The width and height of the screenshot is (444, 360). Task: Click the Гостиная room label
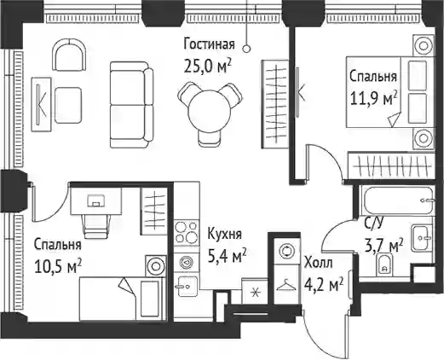(210, 45)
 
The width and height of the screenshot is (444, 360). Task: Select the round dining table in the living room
(209, 112)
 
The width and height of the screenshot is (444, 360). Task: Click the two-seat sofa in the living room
(131, 105)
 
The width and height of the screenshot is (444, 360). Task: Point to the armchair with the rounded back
(69, 55)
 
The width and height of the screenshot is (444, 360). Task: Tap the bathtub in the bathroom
(396, 200)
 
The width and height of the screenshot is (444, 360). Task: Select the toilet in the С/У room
(384, 265)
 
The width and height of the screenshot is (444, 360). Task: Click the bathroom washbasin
(422, 237)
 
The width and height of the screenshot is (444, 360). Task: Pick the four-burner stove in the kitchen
(186, 233)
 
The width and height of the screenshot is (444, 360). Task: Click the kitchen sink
(187, 286)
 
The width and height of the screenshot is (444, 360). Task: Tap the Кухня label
(224, 235)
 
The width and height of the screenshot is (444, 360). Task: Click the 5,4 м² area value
(227, 256)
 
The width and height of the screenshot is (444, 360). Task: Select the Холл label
(318, 263)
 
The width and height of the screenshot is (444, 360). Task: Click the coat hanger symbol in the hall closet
(286, 285)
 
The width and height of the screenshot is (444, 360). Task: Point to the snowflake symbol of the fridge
(255, 293)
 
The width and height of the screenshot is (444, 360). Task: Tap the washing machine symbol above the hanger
(286, 251)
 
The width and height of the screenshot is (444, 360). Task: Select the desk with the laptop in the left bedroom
(96, 200)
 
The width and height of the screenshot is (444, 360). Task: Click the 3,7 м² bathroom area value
(383, 246)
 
